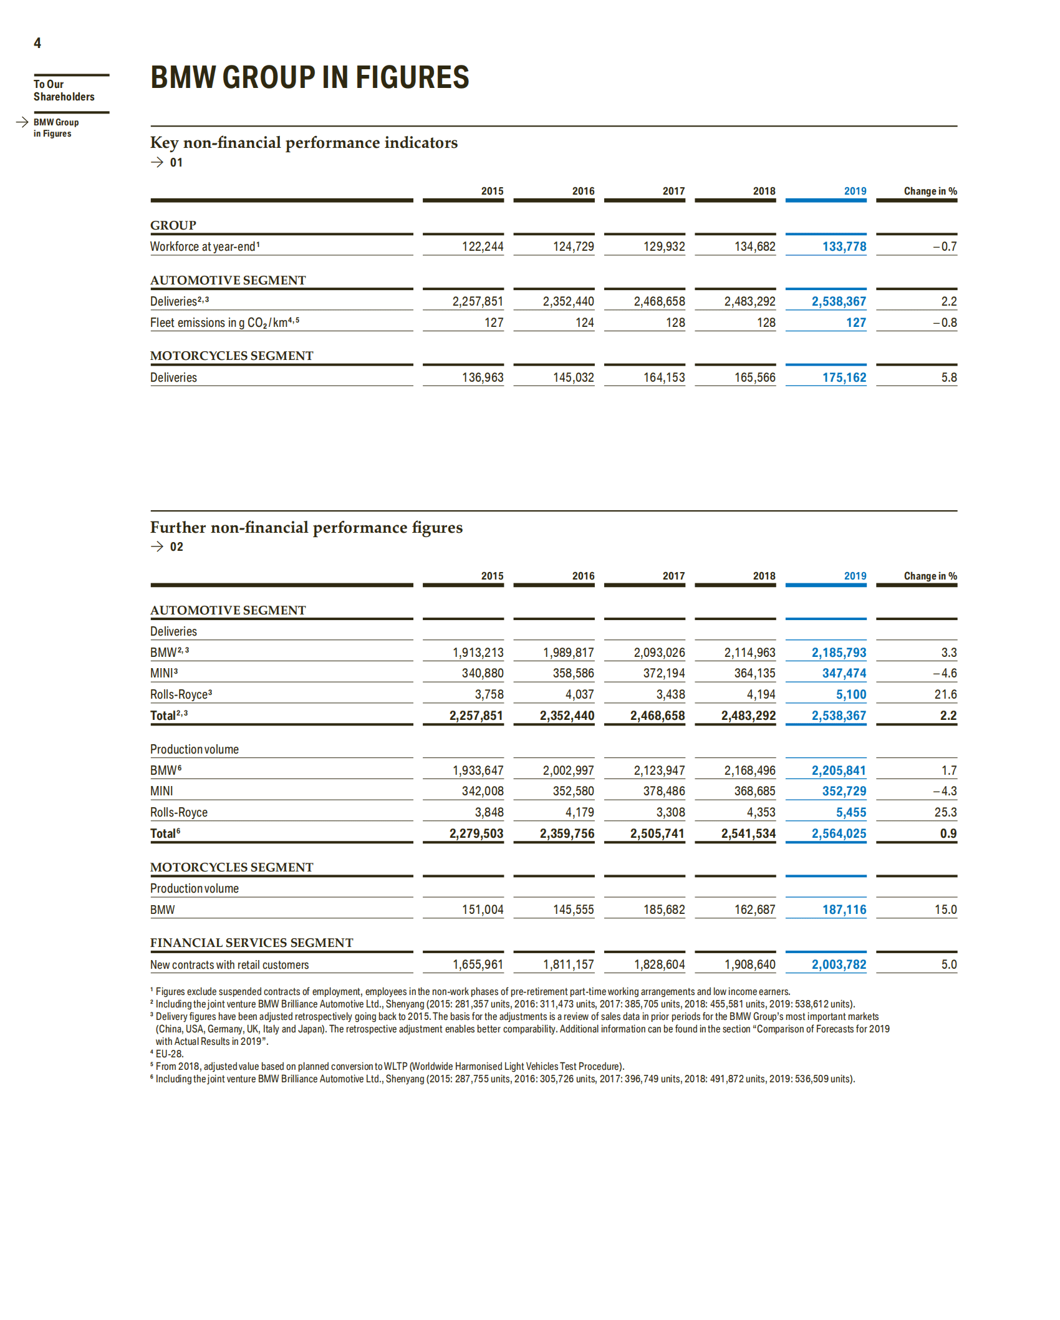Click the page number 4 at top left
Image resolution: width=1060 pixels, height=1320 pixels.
[x=37, y=43]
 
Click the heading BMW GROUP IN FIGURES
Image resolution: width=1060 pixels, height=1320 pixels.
[x=309, y=78]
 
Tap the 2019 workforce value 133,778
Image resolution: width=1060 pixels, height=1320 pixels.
[x=844, y=246]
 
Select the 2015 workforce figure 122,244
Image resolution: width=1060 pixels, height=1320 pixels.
[x=482, y=246]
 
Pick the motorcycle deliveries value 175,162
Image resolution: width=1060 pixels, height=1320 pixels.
[x=844, y=377]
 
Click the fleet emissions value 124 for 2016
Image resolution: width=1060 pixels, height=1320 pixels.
[x=584, y=323]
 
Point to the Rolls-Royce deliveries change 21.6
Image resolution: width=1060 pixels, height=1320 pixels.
[x=945, y=694]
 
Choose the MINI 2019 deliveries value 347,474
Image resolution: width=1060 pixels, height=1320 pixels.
[x=844, y=673]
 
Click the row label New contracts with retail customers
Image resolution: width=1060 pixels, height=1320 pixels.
[x=229, y=964]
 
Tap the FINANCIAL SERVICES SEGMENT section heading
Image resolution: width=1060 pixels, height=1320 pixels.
[x=251, y=943]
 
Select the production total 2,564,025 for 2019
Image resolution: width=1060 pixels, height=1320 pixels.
[x=838, y=833]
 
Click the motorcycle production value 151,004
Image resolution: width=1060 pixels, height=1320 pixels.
[x=482, y=910]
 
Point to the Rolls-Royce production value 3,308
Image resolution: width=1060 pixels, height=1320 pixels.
[x=670, y=812]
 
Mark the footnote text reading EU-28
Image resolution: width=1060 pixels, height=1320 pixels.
[x=169, y=1054]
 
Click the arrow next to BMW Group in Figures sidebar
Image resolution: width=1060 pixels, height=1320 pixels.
[x=22, y=122]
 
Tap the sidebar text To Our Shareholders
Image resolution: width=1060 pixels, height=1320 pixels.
[x=64, y=90]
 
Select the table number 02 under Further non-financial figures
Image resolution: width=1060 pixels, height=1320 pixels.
[x=176, y=547]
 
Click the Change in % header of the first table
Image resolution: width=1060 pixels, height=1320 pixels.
[x=930, y=191]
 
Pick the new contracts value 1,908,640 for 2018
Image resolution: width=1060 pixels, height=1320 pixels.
[x=749, y=964]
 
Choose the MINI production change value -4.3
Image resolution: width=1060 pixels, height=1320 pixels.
[x=945, y=791]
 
